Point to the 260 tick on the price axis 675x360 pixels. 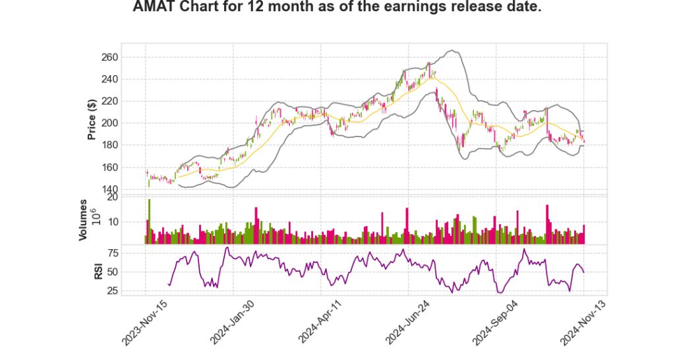(109, 57)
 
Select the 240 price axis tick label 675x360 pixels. (109, 79)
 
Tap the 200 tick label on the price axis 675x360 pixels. (109, 123)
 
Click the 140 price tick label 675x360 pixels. (109, 190)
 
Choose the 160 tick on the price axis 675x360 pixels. (109, 167)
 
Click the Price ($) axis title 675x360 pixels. (92, 119)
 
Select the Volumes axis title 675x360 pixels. (84, 220)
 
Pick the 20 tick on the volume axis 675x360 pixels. (112, 197)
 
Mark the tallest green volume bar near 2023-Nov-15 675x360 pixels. (150, 222)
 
